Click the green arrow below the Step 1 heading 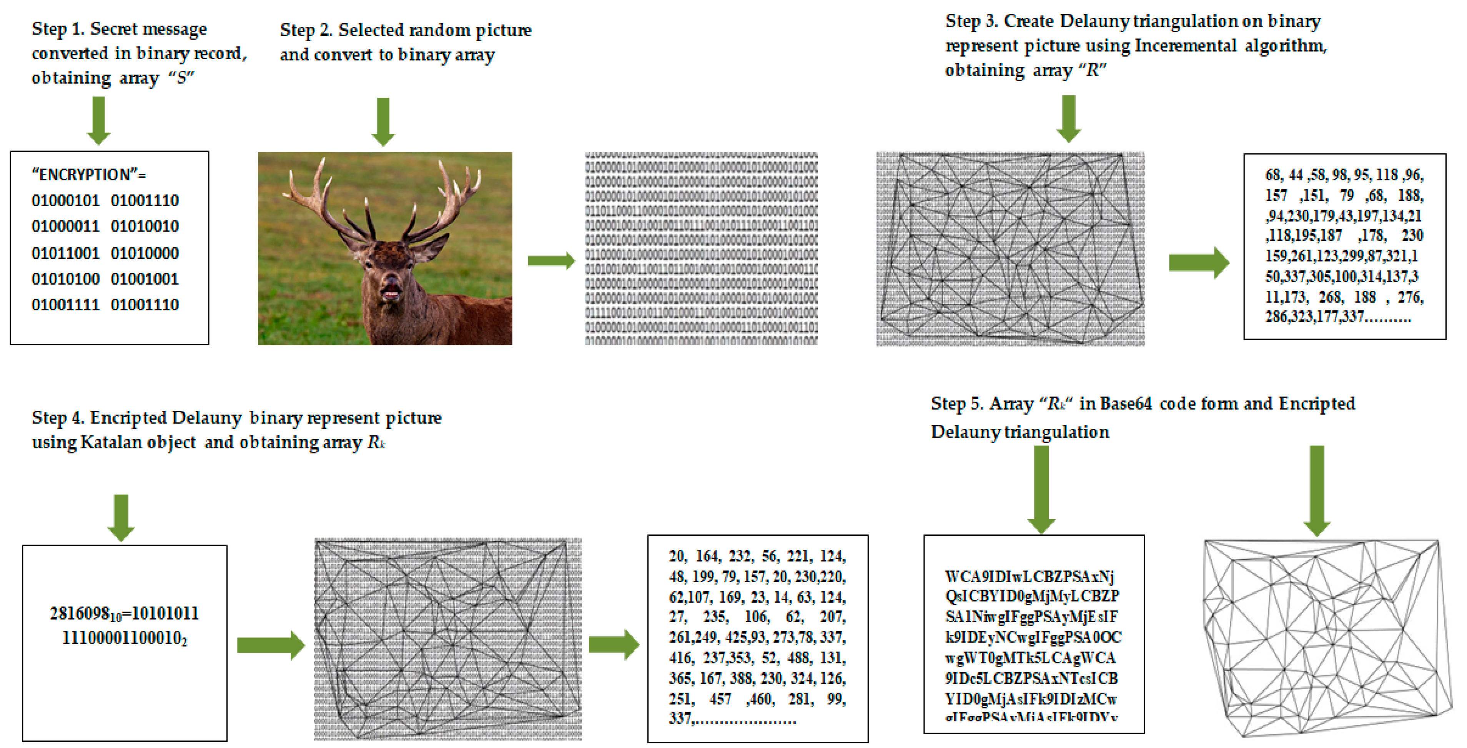tap(98, 120)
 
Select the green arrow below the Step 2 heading tap(383, 122)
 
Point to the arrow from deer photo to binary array tap(551, 261)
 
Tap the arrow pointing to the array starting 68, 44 tap(1198, 263)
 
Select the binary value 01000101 tap(65, 200)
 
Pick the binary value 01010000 tap(145, 253)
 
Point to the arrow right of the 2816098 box tap(271, 645)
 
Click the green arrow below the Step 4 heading tap(121, 517)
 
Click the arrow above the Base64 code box tap(1041, 489)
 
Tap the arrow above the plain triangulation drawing tap(1317, 490)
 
